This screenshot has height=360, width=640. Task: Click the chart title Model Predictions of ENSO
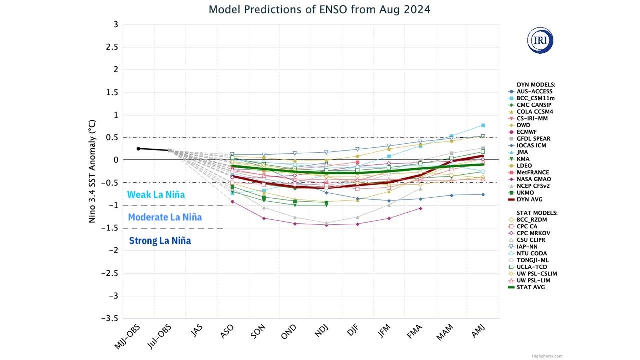click(319, 9)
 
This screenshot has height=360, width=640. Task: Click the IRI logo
click(540, 41)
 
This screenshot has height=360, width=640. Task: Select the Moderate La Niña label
click(165, 217)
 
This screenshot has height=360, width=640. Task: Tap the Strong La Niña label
click(160, 241)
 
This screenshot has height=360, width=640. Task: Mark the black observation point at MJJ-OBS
click(139, 148)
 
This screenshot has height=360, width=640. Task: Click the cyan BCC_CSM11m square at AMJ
click(483, 125)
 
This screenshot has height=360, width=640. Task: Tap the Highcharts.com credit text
click(547, 356)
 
